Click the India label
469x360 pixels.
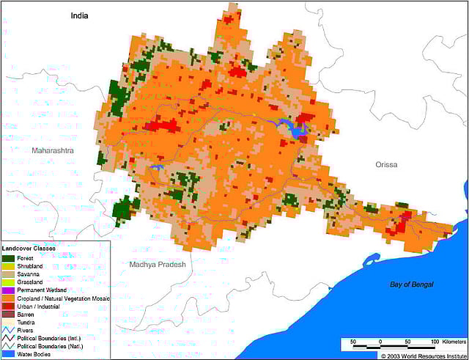pos(80,15)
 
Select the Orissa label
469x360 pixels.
pos(385,165)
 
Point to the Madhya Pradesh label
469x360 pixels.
pos(158,264)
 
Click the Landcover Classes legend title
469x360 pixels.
pos(33,249)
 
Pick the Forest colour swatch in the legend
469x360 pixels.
pos(8,258)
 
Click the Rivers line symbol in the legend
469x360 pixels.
pos(8,331)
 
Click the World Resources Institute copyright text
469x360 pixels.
pos(421,356)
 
